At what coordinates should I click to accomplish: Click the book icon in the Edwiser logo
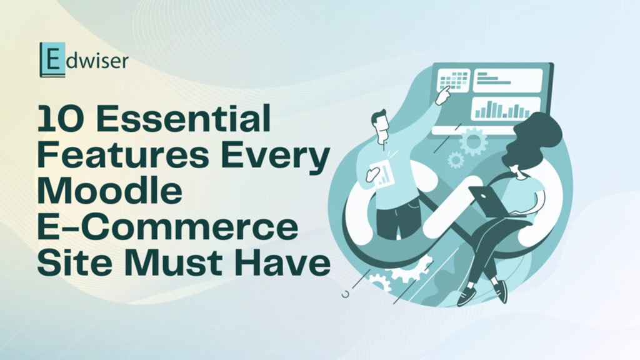[x=47, y=59]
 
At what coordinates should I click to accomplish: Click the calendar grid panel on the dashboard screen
[x=454, y=80]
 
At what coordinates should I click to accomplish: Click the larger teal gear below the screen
[x=473, y=141]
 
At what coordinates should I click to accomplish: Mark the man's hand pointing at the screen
[x=444, y=95]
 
